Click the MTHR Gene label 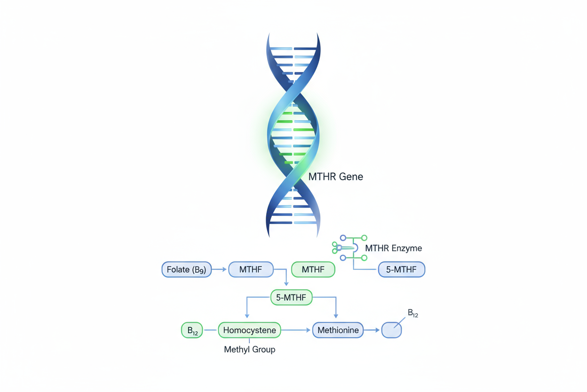(335, 177)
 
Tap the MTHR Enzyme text (393, 248)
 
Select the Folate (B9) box (187, 269)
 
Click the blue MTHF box (251, 269)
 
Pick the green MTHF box (313, 269)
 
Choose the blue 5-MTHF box (402, 269)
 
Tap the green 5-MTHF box (291, 298)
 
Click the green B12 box (192, 330)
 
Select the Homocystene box (249, 330)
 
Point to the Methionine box (338, 330)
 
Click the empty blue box (391, 330)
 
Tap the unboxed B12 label (412, 313)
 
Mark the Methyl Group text (249, 350)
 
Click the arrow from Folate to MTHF (220, 269)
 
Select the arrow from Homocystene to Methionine (296, 330)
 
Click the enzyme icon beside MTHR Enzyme (349, 248)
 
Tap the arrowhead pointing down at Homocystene (247, 316)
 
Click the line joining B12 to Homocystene (210, 330)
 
